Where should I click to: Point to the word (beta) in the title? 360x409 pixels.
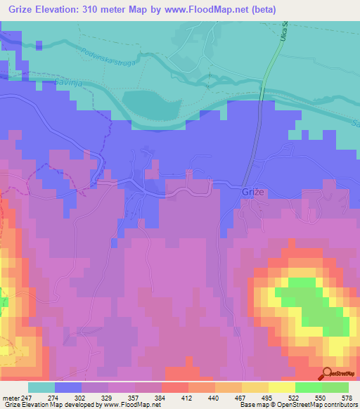click(x=263, y=10)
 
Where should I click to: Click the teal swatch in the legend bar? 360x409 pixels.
click(x=41, y=387)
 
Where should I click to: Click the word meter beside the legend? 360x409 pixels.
click(x=11, y=398)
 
